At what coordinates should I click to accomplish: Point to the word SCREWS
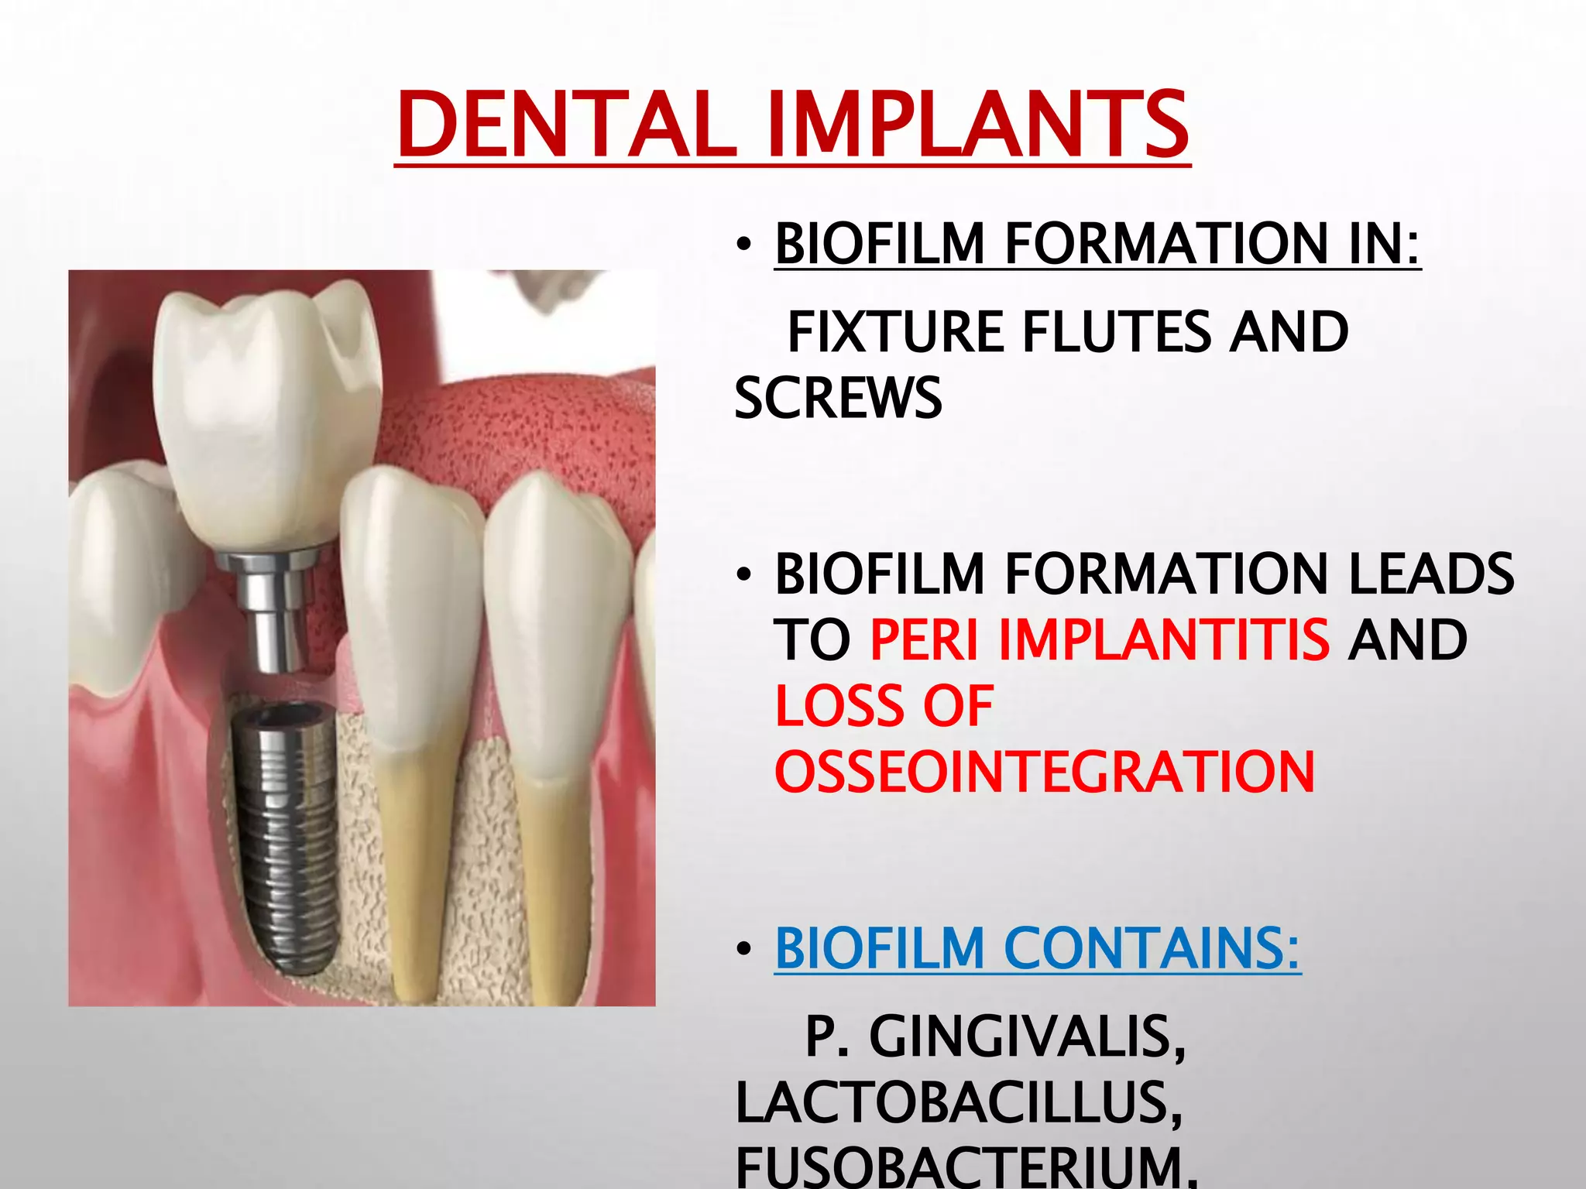pos(838,398)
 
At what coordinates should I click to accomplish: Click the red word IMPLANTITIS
pos(1163,640)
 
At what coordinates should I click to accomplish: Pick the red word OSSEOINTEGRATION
pos(1045,772)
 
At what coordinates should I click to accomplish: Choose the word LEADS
pos(1431,574)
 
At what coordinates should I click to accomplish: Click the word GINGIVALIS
pos(1027,1037)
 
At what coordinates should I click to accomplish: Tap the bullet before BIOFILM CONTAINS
pos(743,949)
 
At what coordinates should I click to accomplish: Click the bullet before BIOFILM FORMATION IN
pos(743,245)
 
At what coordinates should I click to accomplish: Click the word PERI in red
pos(925,640)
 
